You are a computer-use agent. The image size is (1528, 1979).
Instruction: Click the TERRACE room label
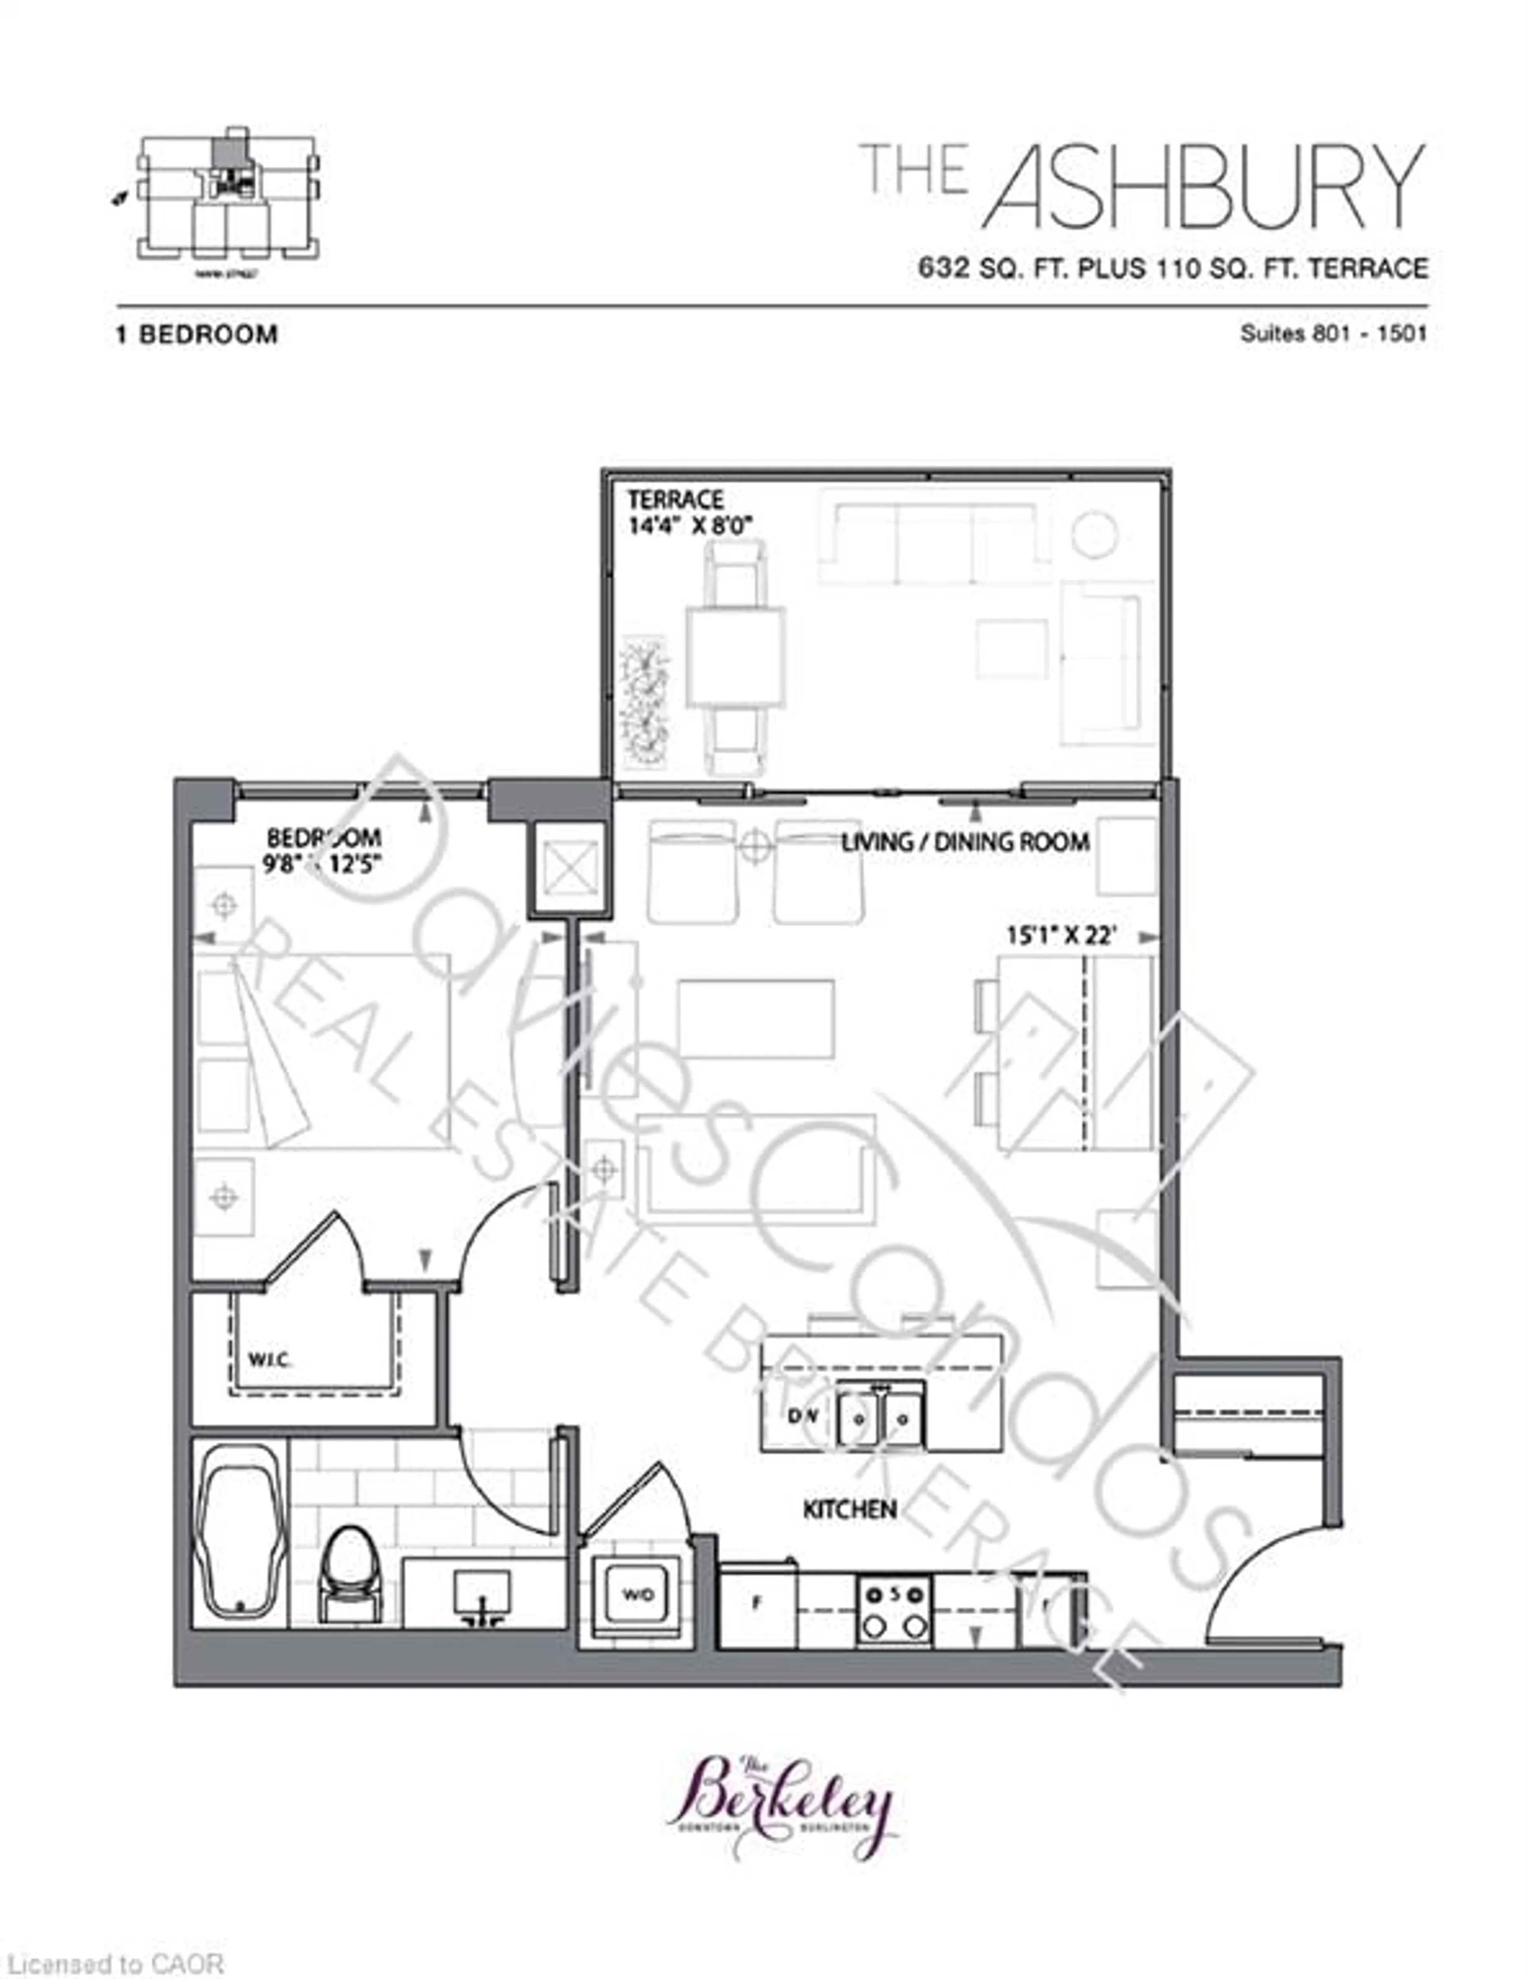(675, 499)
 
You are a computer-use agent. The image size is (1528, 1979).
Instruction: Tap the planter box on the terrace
(644, 702)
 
